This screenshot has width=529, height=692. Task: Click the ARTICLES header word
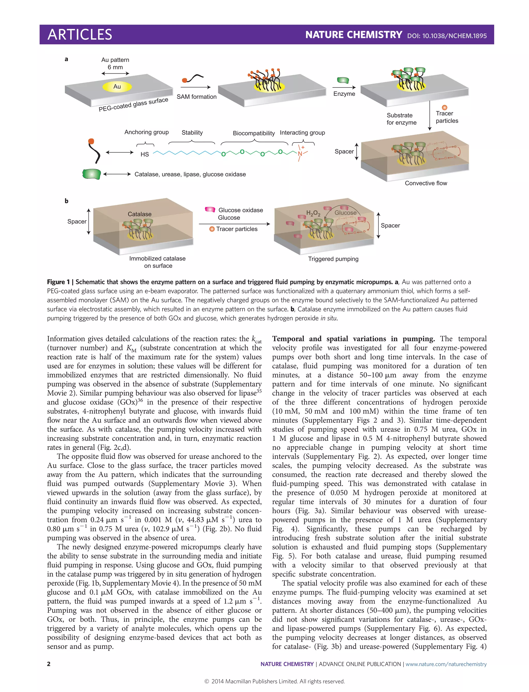pyautogui.click(x=80, y=35)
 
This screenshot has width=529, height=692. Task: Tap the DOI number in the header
pyautogui.click(x=447, y=36)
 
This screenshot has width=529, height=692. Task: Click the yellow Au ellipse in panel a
pyautogui.click(x=117, y=86)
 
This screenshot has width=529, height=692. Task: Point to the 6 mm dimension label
pyautogui.click(x=115, y=67)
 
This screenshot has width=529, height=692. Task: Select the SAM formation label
pyautogui.click(x=197, y=97)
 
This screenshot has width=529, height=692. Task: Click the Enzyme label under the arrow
pyautogui.click(x=344, y=94)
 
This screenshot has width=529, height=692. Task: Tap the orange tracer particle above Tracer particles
pyautogui.click(x=444, y=108)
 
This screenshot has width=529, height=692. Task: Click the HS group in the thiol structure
pyautogui.click(x=145, y=154)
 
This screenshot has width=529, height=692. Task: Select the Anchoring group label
pyautogui.click(x=146, y=132)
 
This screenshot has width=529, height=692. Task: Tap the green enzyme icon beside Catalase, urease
pyautogui.click(x=91, y=174)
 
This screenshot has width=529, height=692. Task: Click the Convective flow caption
pyautogui.click(x=426, y=183)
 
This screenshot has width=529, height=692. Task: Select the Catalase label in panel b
pyautogui.click(x=139, y=214)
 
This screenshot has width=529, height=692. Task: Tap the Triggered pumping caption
pyautogui.click(x=333, y=259)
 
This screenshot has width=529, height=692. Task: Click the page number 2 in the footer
pyautogui.click(x=49, y=664)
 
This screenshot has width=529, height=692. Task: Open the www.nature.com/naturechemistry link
pyautogui.click(x=446, y=664)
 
